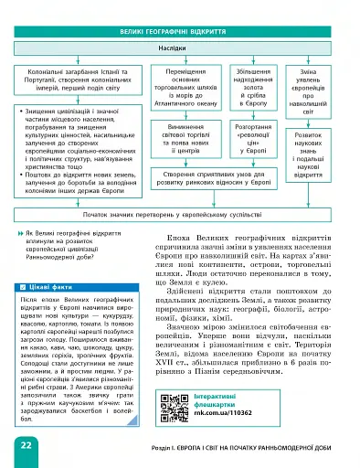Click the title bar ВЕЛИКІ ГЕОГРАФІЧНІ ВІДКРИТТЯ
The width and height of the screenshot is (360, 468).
[179, 31]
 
